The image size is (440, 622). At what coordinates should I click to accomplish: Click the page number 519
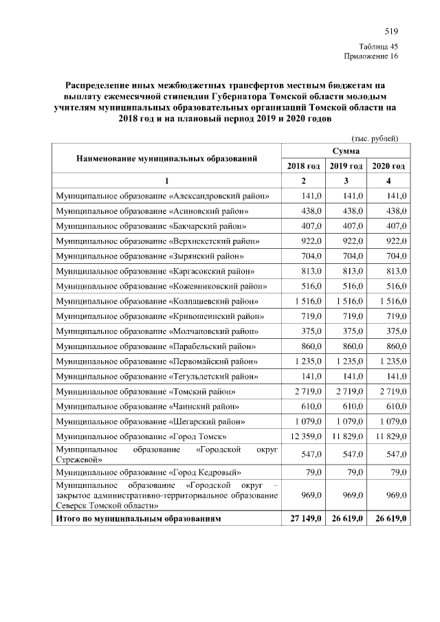coord(391,32)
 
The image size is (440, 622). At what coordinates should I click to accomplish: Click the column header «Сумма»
coord(346,151)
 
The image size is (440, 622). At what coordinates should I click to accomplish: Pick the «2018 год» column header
coord(304,166)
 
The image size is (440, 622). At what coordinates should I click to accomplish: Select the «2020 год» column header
coord(389,166)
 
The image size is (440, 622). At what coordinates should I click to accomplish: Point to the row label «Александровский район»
coord(162,197)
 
